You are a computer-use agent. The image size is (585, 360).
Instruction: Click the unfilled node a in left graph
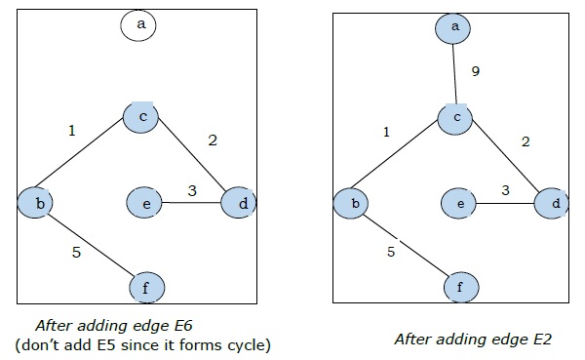(x=139, y=26)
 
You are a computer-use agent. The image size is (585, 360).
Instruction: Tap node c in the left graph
(x=140, y=116)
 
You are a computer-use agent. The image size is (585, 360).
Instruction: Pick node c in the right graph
(x=454, y=117)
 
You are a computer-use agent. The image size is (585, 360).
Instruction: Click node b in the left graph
(x=35, y=203)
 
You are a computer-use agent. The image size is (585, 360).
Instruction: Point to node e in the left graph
(x=144, y=203)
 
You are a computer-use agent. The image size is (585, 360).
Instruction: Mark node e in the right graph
(x=460, y=204)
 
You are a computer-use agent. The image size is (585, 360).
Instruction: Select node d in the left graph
(x=239, y=203)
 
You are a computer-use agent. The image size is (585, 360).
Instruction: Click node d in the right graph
(x=554, y=204)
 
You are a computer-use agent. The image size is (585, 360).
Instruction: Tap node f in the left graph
(x=147, y=288)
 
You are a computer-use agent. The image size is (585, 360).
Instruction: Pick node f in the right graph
(x=461, y=288)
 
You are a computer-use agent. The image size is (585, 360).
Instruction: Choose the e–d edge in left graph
(x=191, y=203)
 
